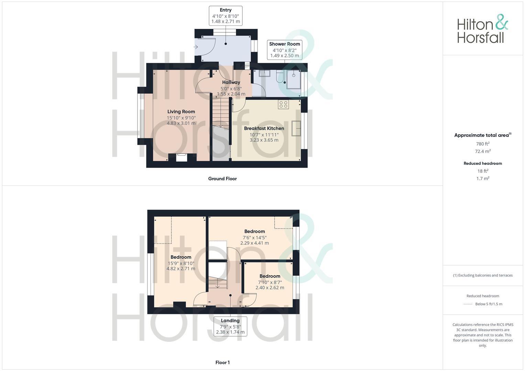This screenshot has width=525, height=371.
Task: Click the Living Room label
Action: click(181, 112)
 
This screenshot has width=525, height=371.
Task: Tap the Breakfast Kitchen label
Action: click(264, 128)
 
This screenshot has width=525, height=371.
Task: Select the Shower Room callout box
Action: click(285, 49)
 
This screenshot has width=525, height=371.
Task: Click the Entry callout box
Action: click(226, 15)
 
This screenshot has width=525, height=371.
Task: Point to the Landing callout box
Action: click(230, 326)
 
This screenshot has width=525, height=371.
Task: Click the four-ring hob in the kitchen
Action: click(284, 104)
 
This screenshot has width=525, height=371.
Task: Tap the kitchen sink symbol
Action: click(296, 128)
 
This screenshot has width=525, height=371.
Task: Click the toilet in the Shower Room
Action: click(279, 77)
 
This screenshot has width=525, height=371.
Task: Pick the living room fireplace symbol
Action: click(182, 157)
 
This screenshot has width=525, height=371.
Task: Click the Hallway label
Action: click(231, 82)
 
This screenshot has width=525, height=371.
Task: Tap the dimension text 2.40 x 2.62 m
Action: click(270, 288)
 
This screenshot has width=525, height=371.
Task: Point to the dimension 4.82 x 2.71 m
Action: click(181, 269)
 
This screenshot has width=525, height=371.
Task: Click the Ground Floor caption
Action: click(222, 179)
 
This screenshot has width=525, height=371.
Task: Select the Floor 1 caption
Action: click(222, 362)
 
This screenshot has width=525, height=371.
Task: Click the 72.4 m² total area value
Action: click(483, 151)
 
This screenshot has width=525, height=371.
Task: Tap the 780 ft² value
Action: click(483, 144)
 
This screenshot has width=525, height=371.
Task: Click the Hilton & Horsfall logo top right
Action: click(482, 29)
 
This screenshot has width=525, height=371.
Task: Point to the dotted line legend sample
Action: click(468, 304)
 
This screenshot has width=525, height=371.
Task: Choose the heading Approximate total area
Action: click(482, 135)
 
